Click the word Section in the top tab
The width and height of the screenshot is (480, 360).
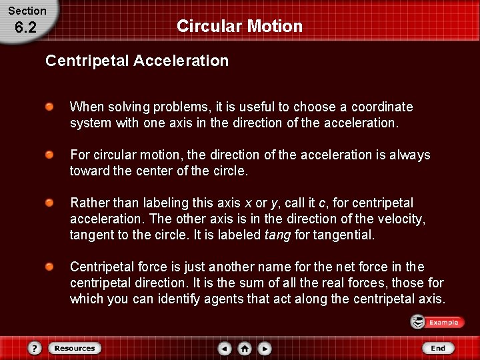coord(27,11)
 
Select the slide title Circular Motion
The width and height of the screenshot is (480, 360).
coord(239,27)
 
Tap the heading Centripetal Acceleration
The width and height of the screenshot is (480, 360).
coord(137,61)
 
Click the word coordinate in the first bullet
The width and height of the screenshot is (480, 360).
coord(382,107)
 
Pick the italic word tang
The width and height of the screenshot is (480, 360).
coord(277,235)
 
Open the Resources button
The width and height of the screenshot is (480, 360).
coord(75,348)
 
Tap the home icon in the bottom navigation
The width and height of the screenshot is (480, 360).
coord(245,348)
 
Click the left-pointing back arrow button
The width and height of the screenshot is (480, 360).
coord(225,348)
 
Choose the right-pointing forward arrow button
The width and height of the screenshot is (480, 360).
coord(265,348)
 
